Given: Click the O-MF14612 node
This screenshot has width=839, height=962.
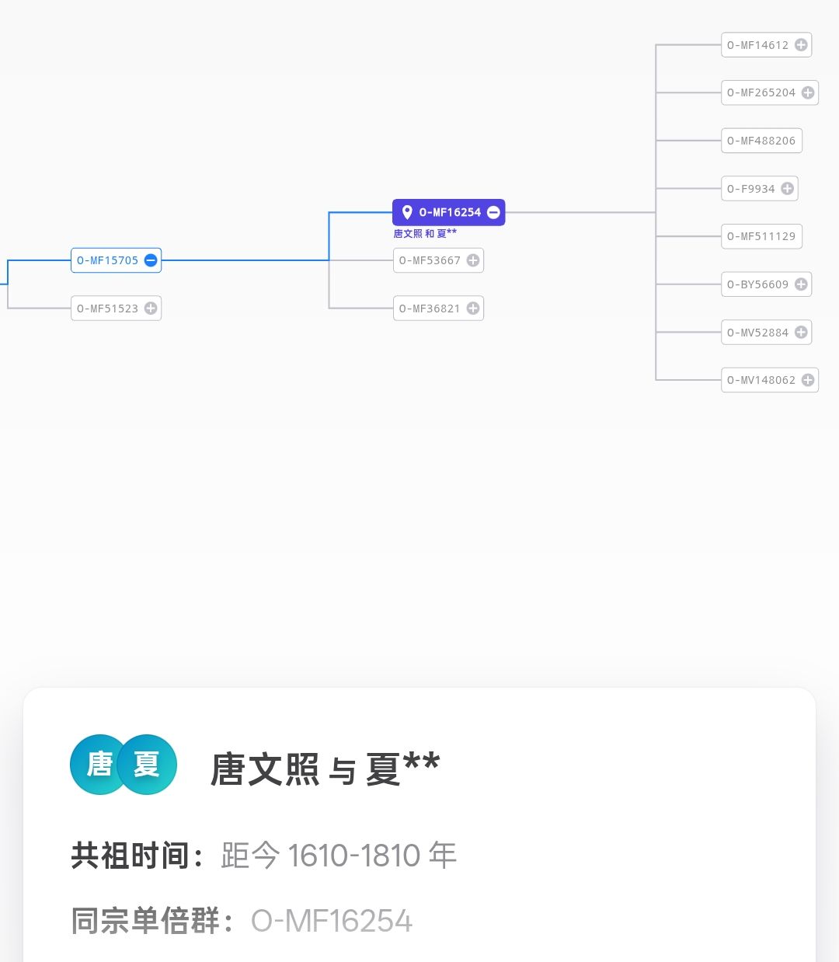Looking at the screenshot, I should click(757, 45).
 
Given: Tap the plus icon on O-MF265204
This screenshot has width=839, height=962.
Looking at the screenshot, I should click(808, 92).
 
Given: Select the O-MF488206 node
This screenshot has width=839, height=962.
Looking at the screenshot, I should click(761, 141).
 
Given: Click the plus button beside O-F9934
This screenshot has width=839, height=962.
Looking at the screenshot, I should click(787, 189).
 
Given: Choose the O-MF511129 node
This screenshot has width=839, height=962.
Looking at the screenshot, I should click(761, 236).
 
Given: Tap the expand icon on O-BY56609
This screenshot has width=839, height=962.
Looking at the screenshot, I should click(801, 284).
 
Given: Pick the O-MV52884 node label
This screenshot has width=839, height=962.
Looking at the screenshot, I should click(757, 333).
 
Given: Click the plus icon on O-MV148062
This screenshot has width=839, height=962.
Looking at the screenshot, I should click(808, 380).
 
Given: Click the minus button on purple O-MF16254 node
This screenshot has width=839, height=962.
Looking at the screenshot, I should click(493, 212).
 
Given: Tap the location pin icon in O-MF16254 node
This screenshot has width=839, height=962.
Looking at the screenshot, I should click(406, 212).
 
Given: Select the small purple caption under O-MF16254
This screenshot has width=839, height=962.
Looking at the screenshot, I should click(425, 233).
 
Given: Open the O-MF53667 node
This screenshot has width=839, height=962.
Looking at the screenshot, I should click(430, 260).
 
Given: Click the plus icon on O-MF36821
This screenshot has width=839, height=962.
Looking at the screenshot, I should click(472, 308).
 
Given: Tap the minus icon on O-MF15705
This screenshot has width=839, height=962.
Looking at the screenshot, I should click(151, 260).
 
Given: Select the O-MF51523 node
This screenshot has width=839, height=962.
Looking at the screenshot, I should click(107, 308).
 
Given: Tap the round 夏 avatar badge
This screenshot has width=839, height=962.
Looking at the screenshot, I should click(148, 765).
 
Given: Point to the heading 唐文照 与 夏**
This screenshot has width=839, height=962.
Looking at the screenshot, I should click(325, 769).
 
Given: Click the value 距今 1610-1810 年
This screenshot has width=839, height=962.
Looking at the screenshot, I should click(339, 856).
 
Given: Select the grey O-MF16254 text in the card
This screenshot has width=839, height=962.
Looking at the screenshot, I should click(332, 921).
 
